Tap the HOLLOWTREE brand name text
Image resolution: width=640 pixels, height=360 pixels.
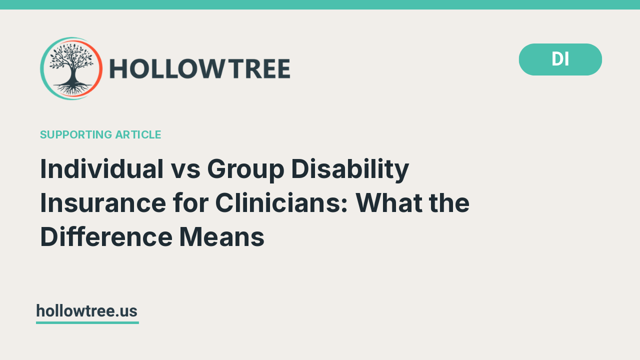[x=199, y=69]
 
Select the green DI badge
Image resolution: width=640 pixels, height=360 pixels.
[x=560, y=59]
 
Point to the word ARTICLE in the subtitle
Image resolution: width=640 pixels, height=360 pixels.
[x=138, y=134]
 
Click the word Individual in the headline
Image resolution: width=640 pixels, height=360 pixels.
[x=102, y=169]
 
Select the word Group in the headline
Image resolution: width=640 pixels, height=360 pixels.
[x=245, y=169]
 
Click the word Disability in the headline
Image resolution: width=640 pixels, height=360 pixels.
[x=350, y=169]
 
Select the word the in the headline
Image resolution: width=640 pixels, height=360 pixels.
[x=451, y=203]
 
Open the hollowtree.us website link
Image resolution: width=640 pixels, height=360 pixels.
[x=86, y=311]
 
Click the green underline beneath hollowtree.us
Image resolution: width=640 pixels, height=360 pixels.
[x=87, y=322]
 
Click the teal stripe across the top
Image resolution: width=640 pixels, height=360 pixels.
[x=320, y=4]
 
